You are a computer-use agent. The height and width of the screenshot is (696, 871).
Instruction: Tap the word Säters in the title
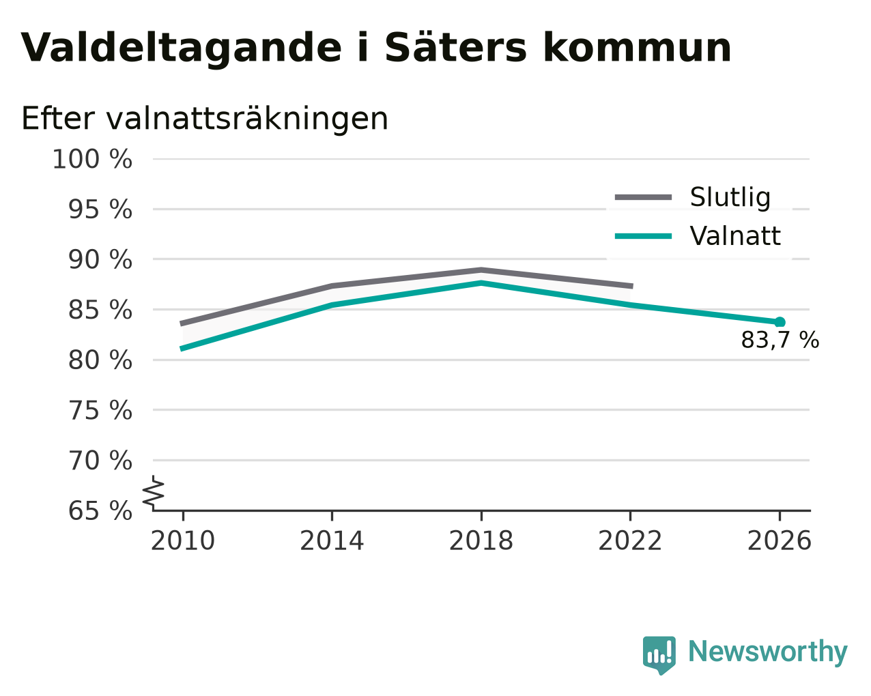pyautogui.click(x=455, y=47)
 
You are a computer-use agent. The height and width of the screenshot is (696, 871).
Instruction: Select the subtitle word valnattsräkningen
pyautogui.click(x=247, y=119)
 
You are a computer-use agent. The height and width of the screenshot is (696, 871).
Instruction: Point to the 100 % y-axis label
pyautogui.click(x=92, y=159)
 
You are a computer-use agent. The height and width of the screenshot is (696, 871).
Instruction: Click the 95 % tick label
pyautogui.click(x=100, y=209)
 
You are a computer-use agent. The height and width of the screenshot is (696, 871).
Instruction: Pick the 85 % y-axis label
pyautogui.click(x=100, y=310)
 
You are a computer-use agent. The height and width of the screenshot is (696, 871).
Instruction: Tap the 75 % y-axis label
pyautogui.click(x=100, y=410)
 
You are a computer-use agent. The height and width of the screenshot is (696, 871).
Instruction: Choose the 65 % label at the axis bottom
pyautogui.click(x=100, y=510)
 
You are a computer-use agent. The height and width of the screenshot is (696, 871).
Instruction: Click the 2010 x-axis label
pyautogui.click(x=182, y=541)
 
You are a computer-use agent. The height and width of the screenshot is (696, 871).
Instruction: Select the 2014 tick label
pyautogui.click(x=332, y=541)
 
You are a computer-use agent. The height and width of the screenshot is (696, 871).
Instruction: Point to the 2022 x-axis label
pyautogui.click(x=630, y=541)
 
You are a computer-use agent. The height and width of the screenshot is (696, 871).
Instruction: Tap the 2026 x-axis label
pyautogui.click(x=779, y=541)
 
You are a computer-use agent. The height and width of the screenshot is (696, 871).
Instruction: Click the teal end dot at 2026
pyautogui.click(x=780, y=322)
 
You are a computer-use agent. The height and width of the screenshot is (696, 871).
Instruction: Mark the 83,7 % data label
pyautogui.click(x=780, y=340)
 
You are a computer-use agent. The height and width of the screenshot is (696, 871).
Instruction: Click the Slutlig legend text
pyautogui.click(x=730, y=198)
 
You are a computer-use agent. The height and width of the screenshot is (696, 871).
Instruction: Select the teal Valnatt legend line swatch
pyautogui.click(x=643, y=236)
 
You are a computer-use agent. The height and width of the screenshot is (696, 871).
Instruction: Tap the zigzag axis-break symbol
pyautogui.click(x=154, y=492)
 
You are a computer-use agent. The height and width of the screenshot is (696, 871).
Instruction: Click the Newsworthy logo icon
pyautogui.click(x=659, y=656)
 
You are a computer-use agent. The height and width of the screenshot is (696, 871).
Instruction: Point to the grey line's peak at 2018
pyautogui.click(x=481, y=270)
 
